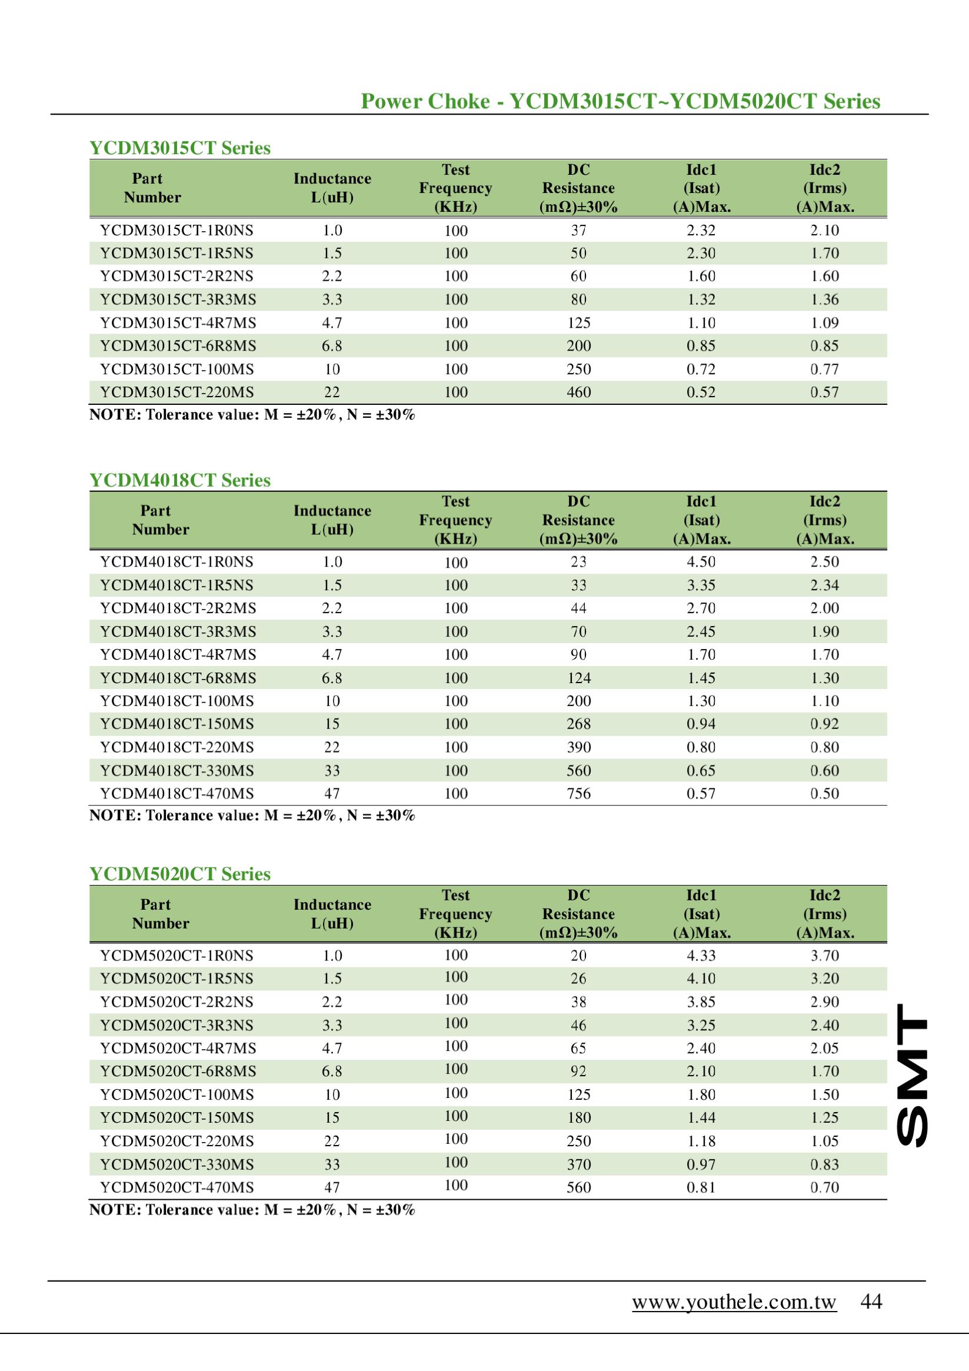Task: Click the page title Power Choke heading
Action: click(x=620, y=102)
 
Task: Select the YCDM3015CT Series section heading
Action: click(x=179, y=148)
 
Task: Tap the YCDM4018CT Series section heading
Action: click(x=179, y=480)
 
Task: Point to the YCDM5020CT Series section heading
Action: click(x=179, y=874)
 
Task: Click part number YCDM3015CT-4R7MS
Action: click(x=178, y=323)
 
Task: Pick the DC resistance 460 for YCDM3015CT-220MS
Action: click(x=578, y=392)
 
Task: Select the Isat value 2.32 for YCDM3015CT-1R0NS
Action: click(x=701, y=231)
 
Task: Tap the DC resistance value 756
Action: click(x=578, y=794)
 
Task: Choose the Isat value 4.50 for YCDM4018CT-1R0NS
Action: click(x=701, y=562)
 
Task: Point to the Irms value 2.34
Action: click(x=824, y=585)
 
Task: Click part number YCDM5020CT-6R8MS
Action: click(x=178, y=1071)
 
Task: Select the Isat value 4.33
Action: click(x=701, y=956)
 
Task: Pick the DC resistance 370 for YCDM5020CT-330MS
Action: click(x=578, y=1164)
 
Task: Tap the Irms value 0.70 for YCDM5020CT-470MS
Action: click(x=824, y=1187)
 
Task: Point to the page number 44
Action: click(x=871, y=1301)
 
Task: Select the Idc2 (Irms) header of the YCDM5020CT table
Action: click(x=824, y=914)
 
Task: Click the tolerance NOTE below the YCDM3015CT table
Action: click(x=251, y=415)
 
